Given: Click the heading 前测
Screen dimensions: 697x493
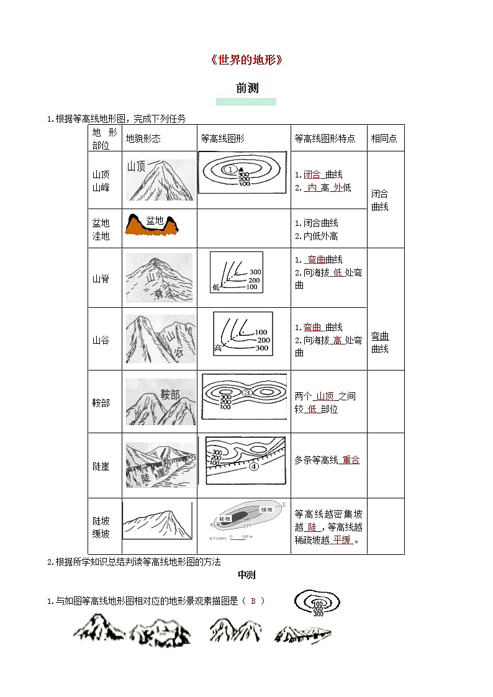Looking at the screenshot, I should point(246,88).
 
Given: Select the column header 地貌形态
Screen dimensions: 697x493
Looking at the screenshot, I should point(143,138).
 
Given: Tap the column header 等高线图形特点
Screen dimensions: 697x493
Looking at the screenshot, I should point(325,138).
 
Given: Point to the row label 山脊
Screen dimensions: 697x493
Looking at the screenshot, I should point(101,279).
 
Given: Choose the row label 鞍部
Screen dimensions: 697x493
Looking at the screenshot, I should point(101,403).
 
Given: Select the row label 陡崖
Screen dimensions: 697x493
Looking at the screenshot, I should point(101,466).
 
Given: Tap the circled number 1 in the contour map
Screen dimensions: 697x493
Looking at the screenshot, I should point(230,169).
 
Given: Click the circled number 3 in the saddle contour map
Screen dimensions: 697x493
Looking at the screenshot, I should point(247,392).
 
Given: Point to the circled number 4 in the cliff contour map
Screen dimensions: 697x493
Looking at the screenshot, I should point(253,467).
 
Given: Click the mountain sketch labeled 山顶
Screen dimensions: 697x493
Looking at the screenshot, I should point(160,180).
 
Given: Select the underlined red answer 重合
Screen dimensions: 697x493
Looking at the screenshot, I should point(350,460).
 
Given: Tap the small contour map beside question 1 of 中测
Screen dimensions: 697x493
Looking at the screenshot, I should point(317,602).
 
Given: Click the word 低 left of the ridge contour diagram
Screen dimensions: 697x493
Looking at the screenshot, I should point(216,287).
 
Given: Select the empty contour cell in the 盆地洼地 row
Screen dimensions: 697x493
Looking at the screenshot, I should point(244,229).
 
